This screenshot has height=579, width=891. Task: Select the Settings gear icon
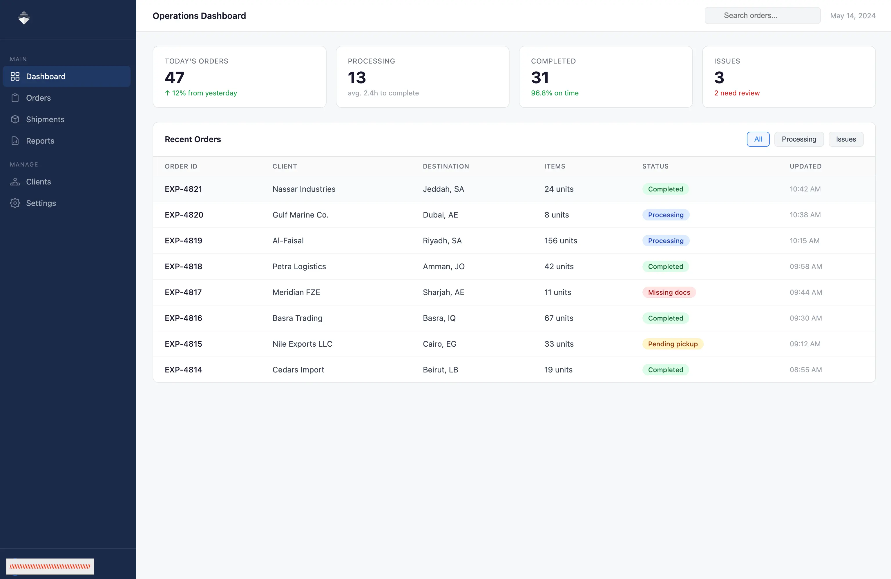15,203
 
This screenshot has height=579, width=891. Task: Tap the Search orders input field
763,16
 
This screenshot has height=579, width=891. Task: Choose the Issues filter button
846,139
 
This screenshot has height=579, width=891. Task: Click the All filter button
758,139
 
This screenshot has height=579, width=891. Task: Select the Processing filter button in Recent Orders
799,139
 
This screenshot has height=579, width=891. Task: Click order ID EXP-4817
183,292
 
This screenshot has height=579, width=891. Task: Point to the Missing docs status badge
669,292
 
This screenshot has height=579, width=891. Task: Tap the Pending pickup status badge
673,344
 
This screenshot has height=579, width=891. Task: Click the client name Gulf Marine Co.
300,215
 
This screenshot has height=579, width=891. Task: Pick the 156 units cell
560,241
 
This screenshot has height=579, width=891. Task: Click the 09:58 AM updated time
806,267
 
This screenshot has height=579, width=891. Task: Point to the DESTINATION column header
446,166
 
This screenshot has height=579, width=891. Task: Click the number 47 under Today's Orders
174,77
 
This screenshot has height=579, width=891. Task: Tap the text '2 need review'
737,93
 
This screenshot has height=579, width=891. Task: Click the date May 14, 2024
852,16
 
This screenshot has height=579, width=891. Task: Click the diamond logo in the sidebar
24,18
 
